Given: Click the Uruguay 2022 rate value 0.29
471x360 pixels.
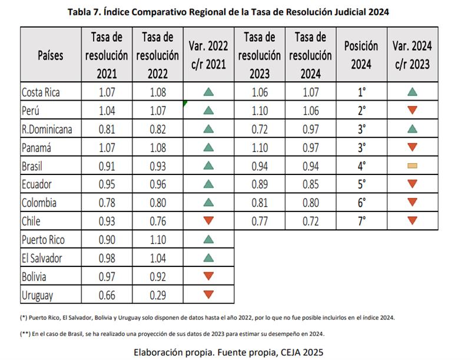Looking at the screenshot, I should click(x=158, y=295).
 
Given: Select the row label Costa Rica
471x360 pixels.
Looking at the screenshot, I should click(x=41, y=92).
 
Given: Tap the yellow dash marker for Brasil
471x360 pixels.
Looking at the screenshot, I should click(x=412, y=166).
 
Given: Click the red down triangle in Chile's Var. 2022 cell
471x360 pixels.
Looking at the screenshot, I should click(x=208, y=221).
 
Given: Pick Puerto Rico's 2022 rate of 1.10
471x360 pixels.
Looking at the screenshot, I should click(x=158, y=240).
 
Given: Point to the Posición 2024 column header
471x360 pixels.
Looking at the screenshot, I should click(x=361, y=55).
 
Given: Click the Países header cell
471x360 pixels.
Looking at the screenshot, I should click(x=51, y=55).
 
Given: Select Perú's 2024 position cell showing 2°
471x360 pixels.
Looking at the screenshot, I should click(x=361, y=110).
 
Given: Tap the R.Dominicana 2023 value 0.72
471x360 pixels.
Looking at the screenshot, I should click(x=260, y=129).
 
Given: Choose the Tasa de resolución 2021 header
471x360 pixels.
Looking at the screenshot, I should click(x=107, y=55).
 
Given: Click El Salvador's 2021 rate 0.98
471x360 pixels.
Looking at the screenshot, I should click(x=107, y=258).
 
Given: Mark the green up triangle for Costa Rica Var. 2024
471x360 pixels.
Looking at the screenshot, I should click(x=412, y=92).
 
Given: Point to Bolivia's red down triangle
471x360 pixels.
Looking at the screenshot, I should click(x=208, y=276).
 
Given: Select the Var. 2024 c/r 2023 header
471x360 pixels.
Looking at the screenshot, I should click(x=412, y=55).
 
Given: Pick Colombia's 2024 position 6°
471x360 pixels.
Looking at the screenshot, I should click(x=361, y=203).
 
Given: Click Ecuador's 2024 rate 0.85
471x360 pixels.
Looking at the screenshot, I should click(x=310, y=184).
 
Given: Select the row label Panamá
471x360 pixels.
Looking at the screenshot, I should click(x=37, y=147).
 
